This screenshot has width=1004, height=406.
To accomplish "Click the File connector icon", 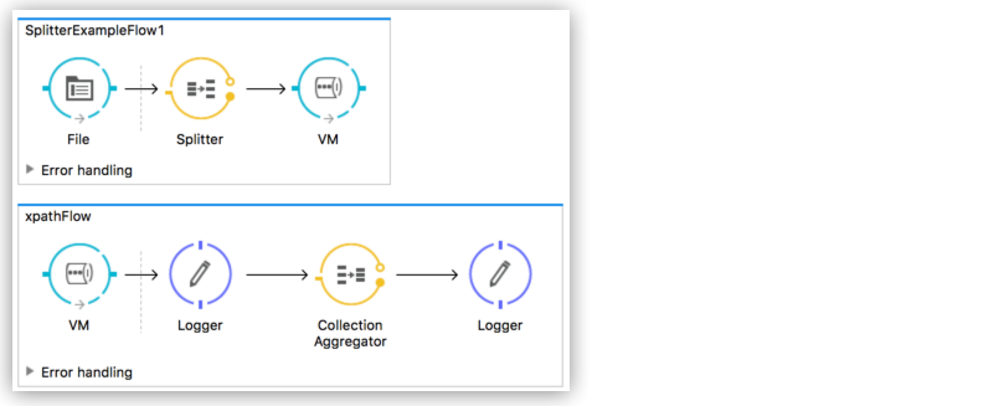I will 79,88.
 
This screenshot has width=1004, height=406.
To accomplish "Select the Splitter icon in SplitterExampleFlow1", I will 200,88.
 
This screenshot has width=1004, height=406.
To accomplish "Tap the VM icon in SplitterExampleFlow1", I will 328,88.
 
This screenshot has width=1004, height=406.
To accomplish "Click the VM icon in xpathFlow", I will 79,274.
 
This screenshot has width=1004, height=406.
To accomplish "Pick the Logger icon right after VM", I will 200,274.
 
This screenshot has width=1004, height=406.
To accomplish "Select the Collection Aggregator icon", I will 351,274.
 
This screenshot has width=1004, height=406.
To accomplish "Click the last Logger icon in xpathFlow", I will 500,274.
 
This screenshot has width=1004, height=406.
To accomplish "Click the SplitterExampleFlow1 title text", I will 94,30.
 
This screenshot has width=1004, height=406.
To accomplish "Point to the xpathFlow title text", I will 58,216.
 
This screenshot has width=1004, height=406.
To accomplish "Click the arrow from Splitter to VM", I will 266,89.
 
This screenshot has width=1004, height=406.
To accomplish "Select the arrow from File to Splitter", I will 141,89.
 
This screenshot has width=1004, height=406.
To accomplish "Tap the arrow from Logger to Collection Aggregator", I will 277,274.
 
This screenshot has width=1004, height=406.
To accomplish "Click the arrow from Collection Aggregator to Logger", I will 427,274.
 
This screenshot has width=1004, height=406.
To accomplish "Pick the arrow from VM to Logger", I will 141,274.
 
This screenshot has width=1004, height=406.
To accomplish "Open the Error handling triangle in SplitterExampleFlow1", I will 29,169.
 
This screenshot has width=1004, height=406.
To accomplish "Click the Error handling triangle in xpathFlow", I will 29,371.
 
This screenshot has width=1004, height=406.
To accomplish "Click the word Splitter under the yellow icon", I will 200,139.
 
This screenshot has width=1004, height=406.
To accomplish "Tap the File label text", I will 78,139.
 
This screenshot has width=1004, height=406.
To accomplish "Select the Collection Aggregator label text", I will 350,333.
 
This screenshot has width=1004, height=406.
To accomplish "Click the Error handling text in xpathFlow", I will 87,372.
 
